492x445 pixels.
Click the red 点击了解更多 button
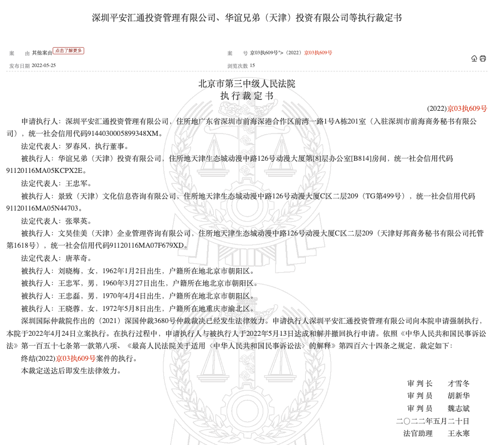pos(68,50)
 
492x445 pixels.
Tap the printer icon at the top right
pos(483,58)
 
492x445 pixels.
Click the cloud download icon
pos(474,58)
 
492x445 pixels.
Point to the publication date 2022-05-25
pos(44,65)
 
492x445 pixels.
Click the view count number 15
pos(252,65)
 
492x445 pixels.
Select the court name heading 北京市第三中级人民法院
pos(247,84)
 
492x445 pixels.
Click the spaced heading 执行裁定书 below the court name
pos(247,95)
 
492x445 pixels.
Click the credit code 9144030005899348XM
pos(126,134)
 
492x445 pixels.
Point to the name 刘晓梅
pos(69,271)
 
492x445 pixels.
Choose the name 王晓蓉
pos(69,309)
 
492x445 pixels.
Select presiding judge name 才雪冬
pos(459,383)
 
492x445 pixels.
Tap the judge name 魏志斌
pos(459,408)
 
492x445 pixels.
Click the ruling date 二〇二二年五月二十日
pos(433,421)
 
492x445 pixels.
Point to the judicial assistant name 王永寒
pos(459,433)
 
